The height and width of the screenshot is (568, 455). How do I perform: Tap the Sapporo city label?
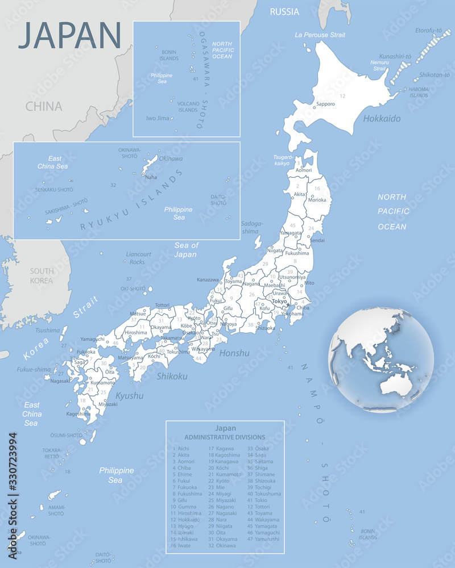(325, 104)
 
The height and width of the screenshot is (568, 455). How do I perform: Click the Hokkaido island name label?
(382, 119)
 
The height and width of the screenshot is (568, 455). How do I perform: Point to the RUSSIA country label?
(284, 11)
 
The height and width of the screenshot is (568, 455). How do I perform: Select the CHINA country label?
(44, 106)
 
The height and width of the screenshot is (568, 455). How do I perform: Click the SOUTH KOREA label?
(42, 275)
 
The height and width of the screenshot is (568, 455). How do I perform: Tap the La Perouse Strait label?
(320, 35)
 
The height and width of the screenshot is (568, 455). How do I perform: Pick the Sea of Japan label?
(186, 250)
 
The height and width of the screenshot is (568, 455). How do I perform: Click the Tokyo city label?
(279, 301)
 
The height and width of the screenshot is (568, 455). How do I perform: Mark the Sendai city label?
(317, 240)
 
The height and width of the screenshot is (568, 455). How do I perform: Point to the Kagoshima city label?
(78, 414)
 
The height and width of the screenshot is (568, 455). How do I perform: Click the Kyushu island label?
(129, 395)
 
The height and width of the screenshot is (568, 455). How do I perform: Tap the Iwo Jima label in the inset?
(158, 118)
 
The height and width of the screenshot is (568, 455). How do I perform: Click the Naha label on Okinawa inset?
(151, 177)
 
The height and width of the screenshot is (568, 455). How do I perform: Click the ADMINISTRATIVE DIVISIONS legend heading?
(225, 437)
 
